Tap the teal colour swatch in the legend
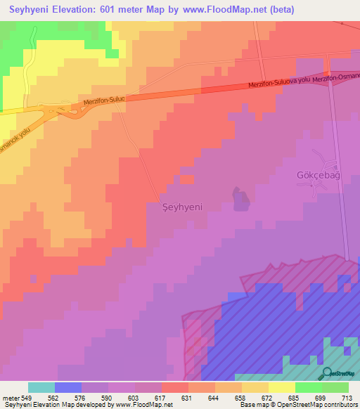pos(41,387)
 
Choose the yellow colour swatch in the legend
pos(281,387)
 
